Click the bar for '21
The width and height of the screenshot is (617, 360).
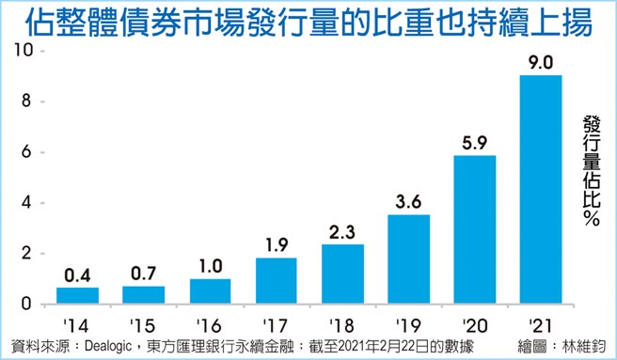pos(540,190)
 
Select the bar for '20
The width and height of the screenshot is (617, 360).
pos(474,230)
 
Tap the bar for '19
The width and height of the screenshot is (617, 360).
pos(408,259)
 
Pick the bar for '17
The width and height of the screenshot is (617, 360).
pos(277,281)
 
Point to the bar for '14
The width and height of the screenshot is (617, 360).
pos(78,296)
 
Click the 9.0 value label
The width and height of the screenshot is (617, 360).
pos(540,64)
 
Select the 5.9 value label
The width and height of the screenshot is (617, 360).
pos(474,144)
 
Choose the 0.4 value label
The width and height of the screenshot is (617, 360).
pos(78,275)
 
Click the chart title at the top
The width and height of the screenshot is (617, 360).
pos(308,23)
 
